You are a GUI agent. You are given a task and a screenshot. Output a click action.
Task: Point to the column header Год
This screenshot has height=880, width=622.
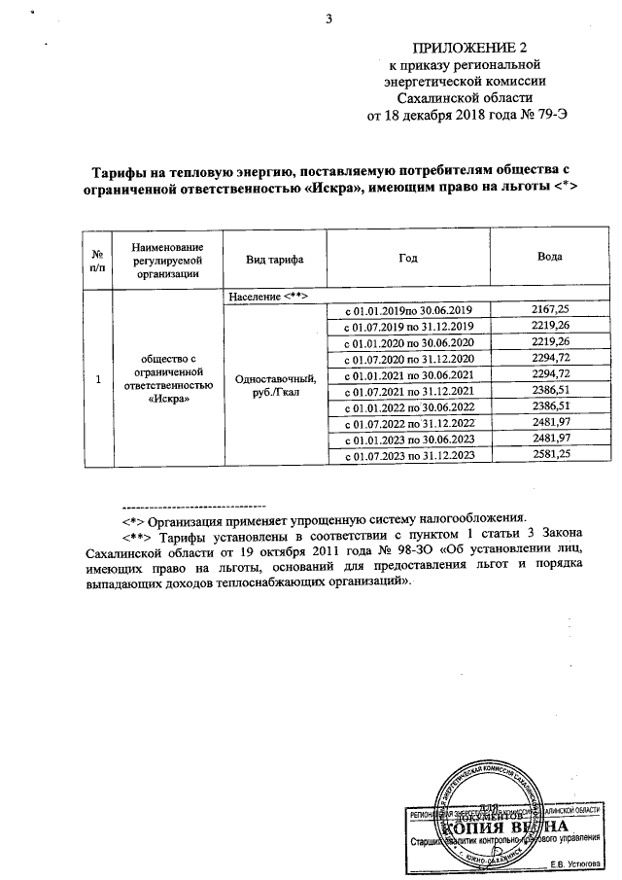coord(408,260)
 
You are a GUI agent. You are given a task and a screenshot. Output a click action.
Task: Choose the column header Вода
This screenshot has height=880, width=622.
coord(549,260)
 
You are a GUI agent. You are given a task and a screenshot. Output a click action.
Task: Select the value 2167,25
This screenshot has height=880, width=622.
coord(550,308)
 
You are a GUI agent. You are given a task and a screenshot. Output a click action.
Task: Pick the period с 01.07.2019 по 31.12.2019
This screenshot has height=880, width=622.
coord(409,325)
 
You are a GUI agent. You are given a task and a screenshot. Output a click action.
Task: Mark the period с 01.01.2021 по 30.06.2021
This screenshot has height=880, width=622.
coord(409,374)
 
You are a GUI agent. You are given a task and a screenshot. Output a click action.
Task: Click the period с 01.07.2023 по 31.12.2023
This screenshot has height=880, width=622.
coord(409,456)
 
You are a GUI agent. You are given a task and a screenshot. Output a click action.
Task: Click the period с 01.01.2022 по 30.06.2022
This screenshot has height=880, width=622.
coord(409,407)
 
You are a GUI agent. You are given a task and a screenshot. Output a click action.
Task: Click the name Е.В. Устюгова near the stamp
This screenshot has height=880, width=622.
coord(574,863)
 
